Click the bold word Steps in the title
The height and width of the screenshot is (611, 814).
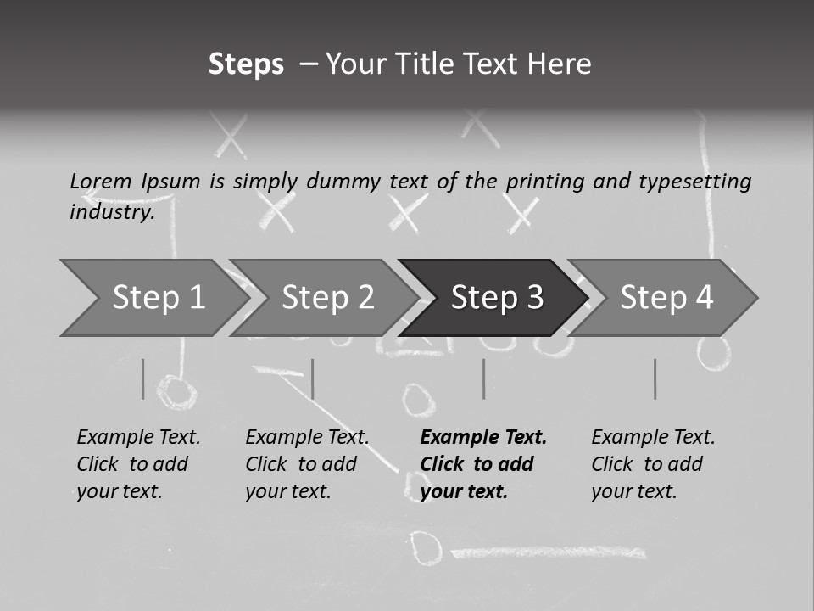click(x=246, y=64)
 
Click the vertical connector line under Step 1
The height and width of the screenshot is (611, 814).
click(x=143, y=378)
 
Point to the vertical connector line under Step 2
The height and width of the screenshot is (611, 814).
click(x=313, y=378)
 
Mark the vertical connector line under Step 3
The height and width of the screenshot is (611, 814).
click(x=484, y=378)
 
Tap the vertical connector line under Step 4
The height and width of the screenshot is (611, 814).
click(x=655, y=378)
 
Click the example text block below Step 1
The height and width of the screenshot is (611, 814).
click(x=138, y=464)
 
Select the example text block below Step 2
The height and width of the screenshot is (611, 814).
click(x=307, y=464)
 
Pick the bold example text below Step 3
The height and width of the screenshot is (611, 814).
click(x=483, y=464)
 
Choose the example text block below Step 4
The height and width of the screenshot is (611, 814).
click(x=653, y=464)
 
